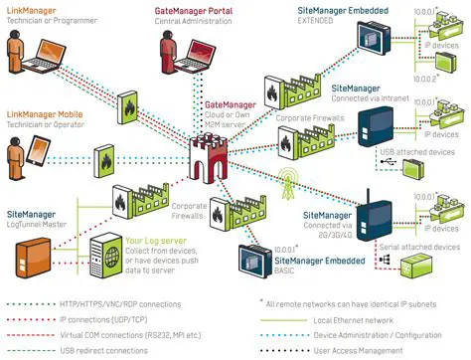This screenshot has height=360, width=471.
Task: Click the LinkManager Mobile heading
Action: (45, 115)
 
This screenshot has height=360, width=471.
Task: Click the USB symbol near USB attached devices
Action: (390, 165)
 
